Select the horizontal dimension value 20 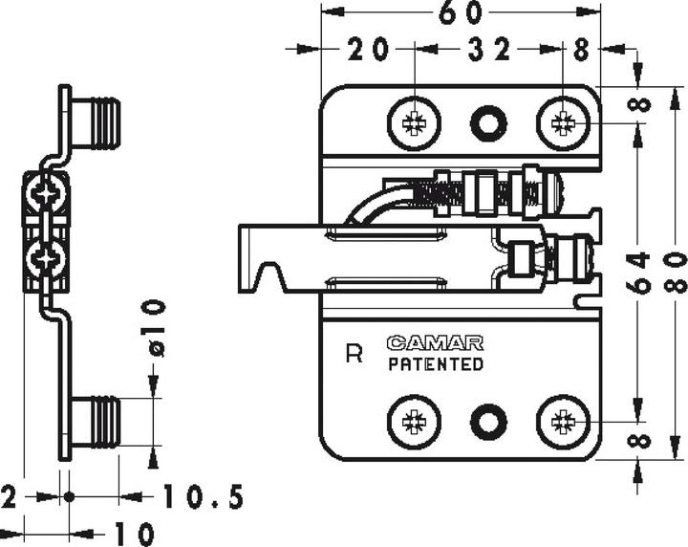click(367, 51)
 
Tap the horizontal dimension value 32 click(487, 51)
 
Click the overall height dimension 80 click(674, 273)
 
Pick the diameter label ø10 click(156, 328)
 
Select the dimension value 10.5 click(203, 497)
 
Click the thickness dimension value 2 click(9, 497)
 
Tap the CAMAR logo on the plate click(435, 342)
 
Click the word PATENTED click(435, 364)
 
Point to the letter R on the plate click(354, 355)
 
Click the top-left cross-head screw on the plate click(415, 123)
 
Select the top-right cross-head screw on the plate click(563, 122)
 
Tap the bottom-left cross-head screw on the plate click(415, 421)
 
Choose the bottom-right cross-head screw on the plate click(563, 421)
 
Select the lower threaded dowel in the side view click(96, 422)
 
